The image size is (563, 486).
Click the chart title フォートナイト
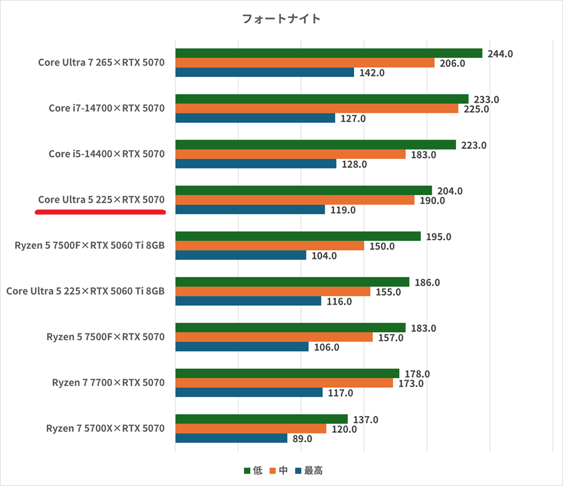pos(281,19)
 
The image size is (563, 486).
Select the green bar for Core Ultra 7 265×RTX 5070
pos(328,53)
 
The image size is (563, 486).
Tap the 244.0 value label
pos(500,54)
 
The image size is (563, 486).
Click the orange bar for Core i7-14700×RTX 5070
pos(317,109)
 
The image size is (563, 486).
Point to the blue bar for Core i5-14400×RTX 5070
pos(256,164)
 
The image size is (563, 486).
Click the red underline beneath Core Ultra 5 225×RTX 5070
pos(100,212)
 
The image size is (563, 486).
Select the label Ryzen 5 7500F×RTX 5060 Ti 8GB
pos(89,246)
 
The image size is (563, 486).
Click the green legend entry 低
pos(253,470)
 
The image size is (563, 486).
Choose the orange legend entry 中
pos(278,470)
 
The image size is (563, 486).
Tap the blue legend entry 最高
pos(308,470)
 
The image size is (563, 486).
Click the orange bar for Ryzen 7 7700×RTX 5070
pos(284,383)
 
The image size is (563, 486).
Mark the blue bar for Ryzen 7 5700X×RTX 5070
pos(231,438)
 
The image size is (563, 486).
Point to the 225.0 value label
pos(476,109)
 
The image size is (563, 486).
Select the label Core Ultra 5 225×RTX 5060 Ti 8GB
pos(85,291)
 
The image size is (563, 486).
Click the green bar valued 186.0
pos(292,282)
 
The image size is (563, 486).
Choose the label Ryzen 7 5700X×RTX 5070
pos(105,428)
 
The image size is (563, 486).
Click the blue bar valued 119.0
pos(250,210)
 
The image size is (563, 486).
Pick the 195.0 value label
pos(439,236)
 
